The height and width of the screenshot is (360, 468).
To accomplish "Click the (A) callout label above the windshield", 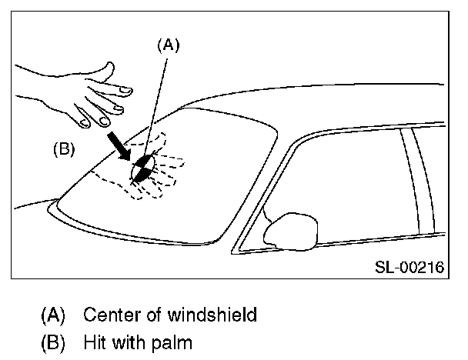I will point(168,45).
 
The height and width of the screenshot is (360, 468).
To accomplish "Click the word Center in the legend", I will point(108,314).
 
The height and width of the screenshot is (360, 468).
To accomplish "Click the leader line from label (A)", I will point(159,100).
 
